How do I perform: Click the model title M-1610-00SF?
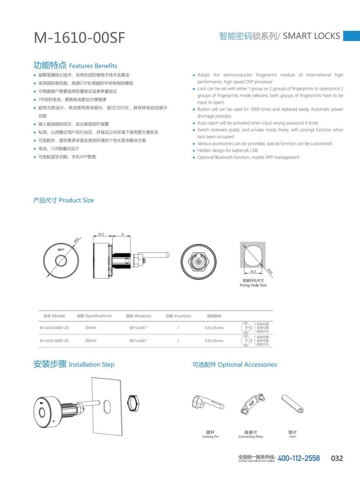pyautogui.click(x=79, y=38)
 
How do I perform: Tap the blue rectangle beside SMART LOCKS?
pyautogui.click(x=351, y=36)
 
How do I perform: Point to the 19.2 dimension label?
pyautogui.click(x=101, y=234)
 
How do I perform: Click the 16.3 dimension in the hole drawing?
pyautogui.click(x=253, y=271)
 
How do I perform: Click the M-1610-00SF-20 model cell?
pyautogui.click(x=54, y=328)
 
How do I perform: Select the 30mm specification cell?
pyautogui.click(x=91, y=341)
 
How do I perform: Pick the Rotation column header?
pyautogui.click(x=138, y=316)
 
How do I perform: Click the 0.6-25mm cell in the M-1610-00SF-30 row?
pyautogui.click(x=214, y=341)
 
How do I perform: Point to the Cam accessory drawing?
pyautogui.click(x=293, y=404)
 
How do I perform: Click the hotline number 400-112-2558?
pyautogui.click(x=299, y=458)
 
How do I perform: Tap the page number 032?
pyautogui.click(x=337, y=458)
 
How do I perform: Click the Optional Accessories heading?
pyautogui.click(x=234, y=364)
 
